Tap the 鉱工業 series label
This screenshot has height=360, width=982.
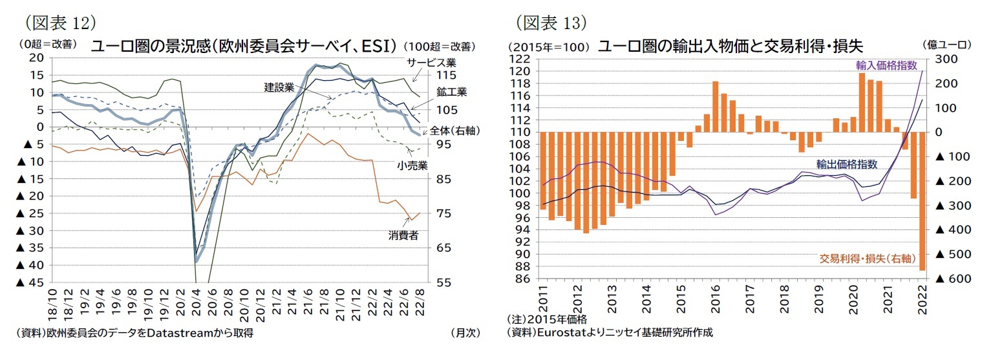pyautogui.click(x=451, y=92)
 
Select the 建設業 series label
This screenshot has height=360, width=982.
pyautogui.click(x=279, y=87)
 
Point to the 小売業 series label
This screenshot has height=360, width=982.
pyautogui.click(x=412, y=165)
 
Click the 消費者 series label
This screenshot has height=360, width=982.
pyautogui.click(x=403, y=235)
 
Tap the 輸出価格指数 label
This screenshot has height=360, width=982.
pyautogui.click(x=846, y=164)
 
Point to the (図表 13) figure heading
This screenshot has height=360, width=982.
pyautogui.click(x=551, y=23)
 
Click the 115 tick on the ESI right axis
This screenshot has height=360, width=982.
pyautogui.click(x=440, y=75)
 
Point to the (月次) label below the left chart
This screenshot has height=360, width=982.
pyautogui.click(x=465, y=333)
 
